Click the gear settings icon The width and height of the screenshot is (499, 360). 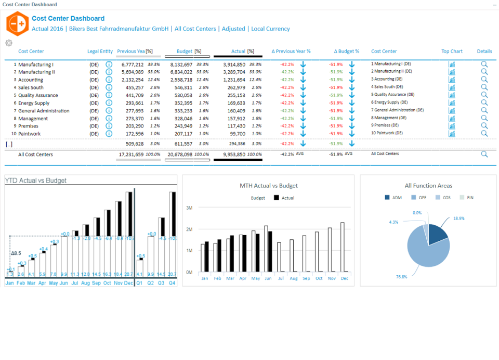[x=8, y=43]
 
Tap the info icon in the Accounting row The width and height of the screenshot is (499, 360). [x=109, y=80]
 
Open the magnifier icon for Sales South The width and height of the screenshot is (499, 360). [x=484, y=87]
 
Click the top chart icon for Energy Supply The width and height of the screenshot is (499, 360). [x=452, y=103]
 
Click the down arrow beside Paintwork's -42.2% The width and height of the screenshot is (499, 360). [x=303, y=134]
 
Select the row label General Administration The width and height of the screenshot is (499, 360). [x=44, y=111]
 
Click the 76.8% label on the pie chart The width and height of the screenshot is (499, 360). [x=401, y=277]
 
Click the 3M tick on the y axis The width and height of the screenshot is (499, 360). [x=189, y=208]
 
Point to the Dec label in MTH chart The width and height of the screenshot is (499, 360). [x=344, y=278]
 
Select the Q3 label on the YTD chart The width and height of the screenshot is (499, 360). [x=161, y=282]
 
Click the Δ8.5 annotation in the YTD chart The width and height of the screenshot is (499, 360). [x=16, y=253]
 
